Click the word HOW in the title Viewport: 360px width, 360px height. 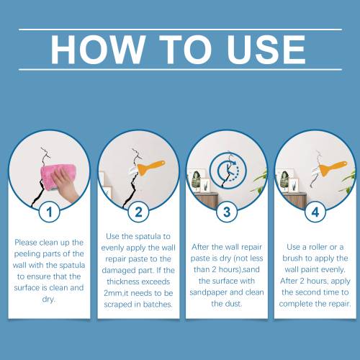(x=98, y=50)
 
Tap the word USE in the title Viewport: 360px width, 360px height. (x=266, y=50)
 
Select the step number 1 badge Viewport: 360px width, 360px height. (x=50, y=212)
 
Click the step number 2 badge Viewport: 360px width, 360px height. (x=138, y=212)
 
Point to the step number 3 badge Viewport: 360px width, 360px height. (x=227, y=212)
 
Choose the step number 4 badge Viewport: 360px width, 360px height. (x=315, y=212)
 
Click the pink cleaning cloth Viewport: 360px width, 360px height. (x=58, y=176)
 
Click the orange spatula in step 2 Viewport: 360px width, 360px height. (x=151, y=168)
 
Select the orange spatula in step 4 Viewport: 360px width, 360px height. (x=333, y=168)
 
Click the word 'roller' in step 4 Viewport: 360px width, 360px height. (x=318, y=247)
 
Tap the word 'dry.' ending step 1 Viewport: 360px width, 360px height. (x=49, y=300)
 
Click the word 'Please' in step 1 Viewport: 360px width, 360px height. (x=26, y=243)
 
